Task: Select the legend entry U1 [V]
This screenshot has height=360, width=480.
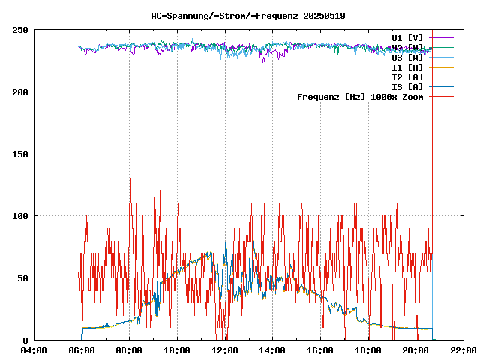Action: tap(407, 37)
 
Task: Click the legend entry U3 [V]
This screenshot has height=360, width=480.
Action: tap(407, 57)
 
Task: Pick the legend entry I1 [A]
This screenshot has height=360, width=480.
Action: tap(407, 67)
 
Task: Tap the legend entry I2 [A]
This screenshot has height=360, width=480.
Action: tap(407, 76)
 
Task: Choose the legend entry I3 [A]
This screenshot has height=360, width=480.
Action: tap(407, 86)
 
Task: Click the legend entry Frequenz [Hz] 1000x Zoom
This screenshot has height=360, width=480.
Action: tap(360, 96)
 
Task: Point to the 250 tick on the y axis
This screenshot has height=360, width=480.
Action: tap(20, 30)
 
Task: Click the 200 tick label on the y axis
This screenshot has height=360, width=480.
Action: tap(20, 92)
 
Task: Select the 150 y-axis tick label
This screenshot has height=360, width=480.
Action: tap(20, 154)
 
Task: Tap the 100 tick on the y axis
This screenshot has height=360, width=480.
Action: tap(20, 216)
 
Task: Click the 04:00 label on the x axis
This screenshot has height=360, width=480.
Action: tap(34, 350)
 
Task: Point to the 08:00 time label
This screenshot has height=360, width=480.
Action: tap(130, 350)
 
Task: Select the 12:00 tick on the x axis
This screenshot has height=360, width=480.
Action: tap(225, 350)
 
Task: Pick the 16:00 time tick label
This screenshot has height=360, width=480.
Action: tap(320, 350)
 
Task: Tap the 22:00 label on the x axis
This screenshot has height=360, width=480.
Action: tap(463, 350)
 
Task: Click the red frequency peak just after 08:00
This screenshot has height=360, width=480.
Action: tap(130, 179)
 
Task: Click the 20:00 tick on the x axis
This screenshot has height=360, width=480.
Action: tap(416, 350)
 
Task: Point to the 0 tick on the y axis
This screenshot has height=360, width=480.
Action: tap(25, 340)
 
